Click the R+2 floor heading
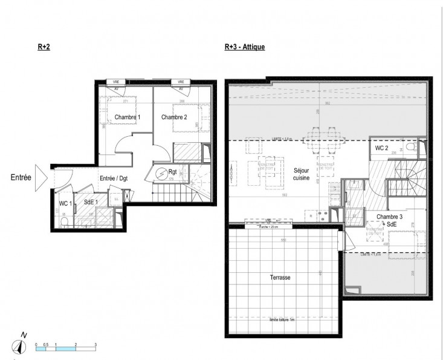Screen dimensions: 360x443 pyautogui.click(x=43, y=47)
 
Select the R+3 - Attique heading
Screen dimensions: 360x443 pyautogui.click(x=244, y=47)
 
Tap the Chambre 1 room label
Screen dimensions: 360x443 pyautogui.click(x=128, y=117)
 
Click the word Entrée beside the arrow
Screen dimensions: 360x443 pyautogui.click(x=21, y=178)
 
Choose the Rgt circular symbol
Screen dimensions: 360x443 pyautogui.click(x=161, y=174)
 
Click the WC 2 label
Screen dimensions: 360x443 pyautogui.click(x=381, y=148)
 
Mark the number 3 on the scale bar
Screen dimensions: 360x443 pyautogui.click(x=95, y=344)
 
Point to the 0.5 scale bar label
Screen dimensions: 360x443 pyautogui.click(x=46, y=344)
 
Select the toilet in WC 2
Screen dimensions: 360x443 pyautogui.click(x=410, y=147)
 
